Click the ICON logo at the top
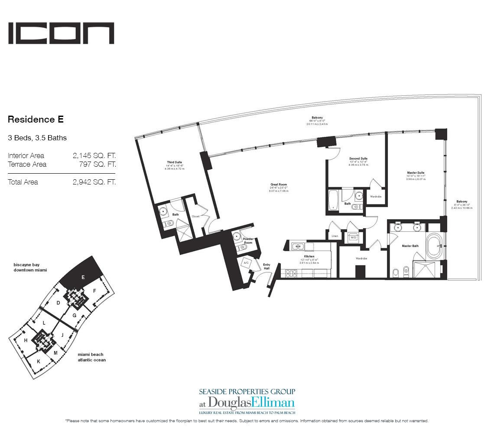[x=61, y=33]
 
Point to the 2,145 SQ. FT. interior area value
[x=94, y=155]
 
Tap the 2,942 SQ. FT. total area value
[x=94, y=182]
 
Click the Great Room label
[x=279, y=184]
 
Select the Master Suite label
[x=415, y=173]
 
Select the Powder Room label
[x=248, y=240]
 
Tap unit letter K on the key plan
[x=38, y=361]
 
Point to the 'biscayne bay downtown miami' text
[x=30, y=267]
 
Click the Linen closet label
[x=335, y=236]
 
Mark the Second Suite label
[x=358, y=159]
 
